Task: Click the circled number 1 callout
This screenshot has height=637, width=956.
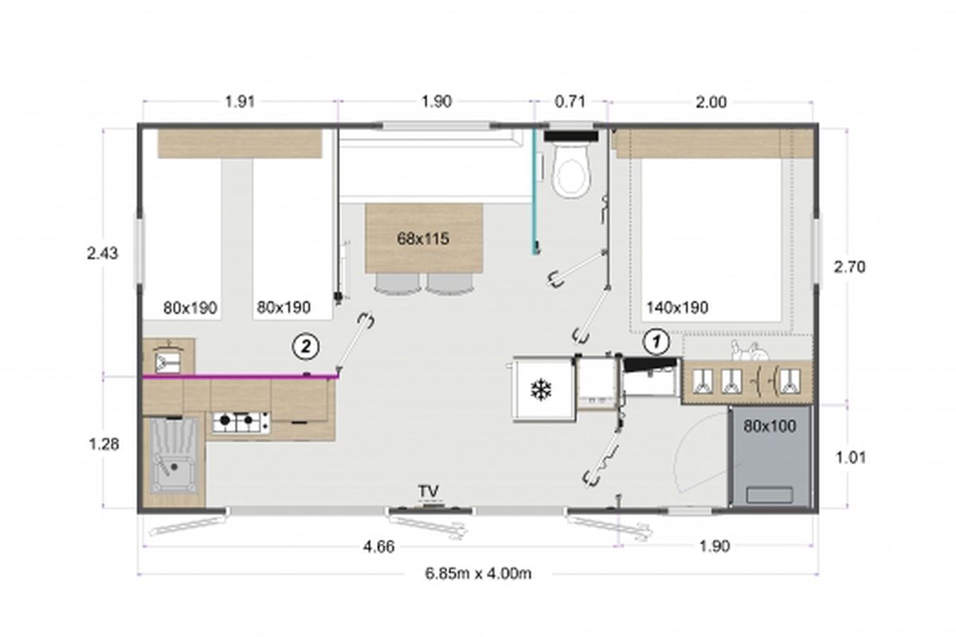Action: pyautogui.click(x=656, y=342)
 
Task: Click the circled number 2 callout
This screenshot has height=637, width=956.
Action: pyautogui.click(x=306, y=346)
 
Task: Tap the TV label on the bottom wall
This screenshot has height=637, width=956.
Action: pyautogui.click(x=429, y=491)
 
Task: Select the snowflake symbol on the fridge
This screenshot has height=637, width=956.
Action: pyautogui.click(x=541, y=389)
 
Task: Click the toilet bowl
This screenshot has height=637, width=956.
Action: pyautogui.click(x=570, y=170)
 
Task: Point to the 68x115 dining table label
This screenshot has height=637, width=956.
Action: pyautogui.click(x=423, y=239)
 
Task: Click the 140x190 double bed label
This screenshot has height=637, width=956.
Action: pyautogui.click(x=677, y=307)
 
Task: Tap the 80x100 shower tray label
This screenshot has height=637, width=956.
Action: pyautogui.click(x=770, y=426)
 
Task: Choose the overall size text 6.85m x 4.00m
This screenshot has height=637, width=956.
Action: pyautogui.click(x=478, y=573)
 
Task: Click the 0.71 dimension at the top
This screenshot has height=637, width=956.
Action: pyautogui.click(x=570, y=102)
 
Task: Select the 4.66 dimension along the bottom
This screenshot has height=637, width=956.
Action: pyautogui.click(x=378, y=546)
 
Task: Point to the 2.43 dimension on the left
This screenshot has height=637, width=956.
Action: pyautogui.click(x=103, y=253)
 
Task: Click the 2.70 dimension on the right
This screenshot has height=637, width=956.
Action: pyautogui.click(x=850, y=267)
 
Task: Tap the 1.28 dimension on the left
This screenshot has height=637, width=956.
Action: pyautogui.click(x=104, y=444)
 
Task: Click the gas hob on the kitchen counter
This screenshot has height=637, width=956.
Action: pyautogui.click(x=241, y=422)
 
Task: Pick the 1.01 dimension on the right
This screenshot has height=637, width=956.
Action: pyautogui.click(x=850, y=458)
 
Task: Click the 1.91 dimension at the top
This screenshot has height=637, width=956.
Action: pyautogui.click(x=240, y=102)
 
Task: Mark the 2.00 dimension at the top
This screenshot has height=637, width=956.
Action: pyautogui.click(x=711, y=103)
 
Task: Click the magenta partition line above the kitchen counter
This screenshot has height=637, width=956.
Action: pyautogui.click(x=240, y=377)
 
